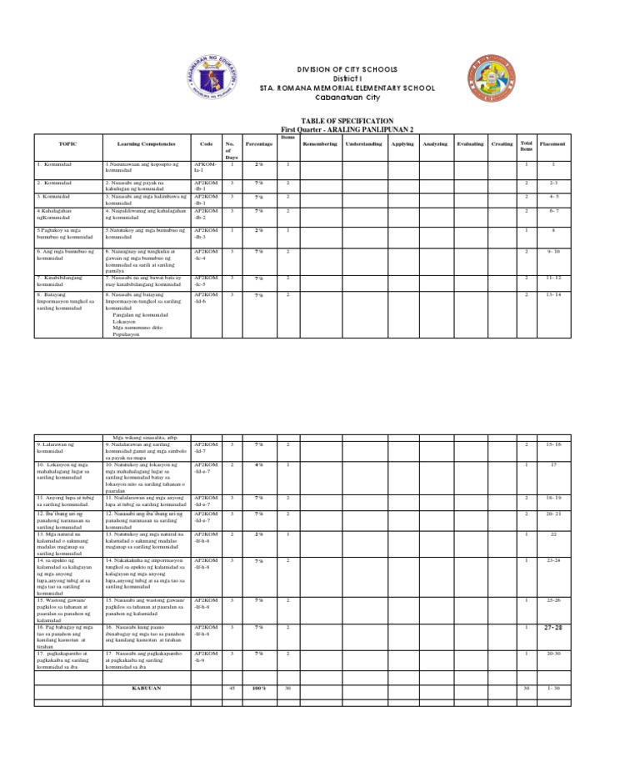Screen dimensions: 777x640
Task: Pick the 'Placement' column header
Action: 552,144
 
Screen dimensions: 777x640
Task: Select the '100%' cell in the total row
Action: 259,689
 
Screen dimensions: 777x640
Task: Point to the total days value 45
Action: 231,689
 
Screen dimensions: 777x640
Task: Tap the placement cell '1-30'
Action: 552,689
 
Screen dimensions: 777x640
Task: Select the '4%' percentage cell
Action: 259,464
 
